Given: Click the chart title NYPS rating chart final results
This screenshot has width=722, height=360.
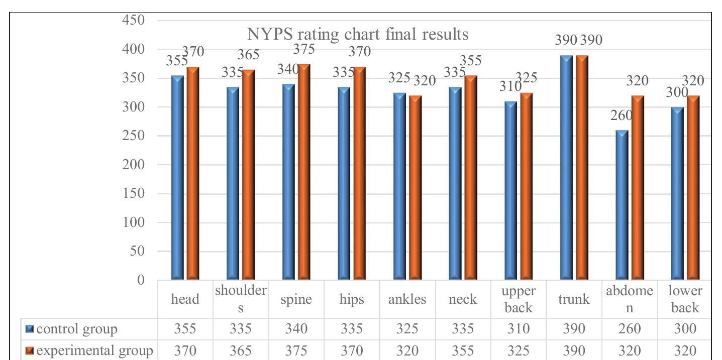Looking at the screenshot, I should click(358, 35).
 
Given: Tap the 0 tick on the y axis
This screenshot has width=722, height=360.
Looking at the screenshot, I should click(141, 280).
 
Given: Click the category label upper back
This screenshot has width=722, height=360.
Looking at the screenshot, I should click(518, 299).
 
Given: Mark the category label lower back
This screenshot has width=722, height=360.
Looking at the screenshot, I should click(685, 299).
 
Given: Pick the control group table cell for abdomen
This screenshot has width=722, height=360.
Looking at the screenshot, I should click(630, 329).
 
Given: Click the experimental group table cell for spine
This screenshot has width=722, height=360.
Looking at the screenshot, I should click(296, 350).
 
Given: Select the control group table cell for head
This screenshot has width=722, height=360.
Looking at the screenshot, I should click(185, 329).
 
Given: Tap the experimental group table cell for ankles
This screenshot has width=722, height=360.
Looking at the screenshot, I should click(407, 350).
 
